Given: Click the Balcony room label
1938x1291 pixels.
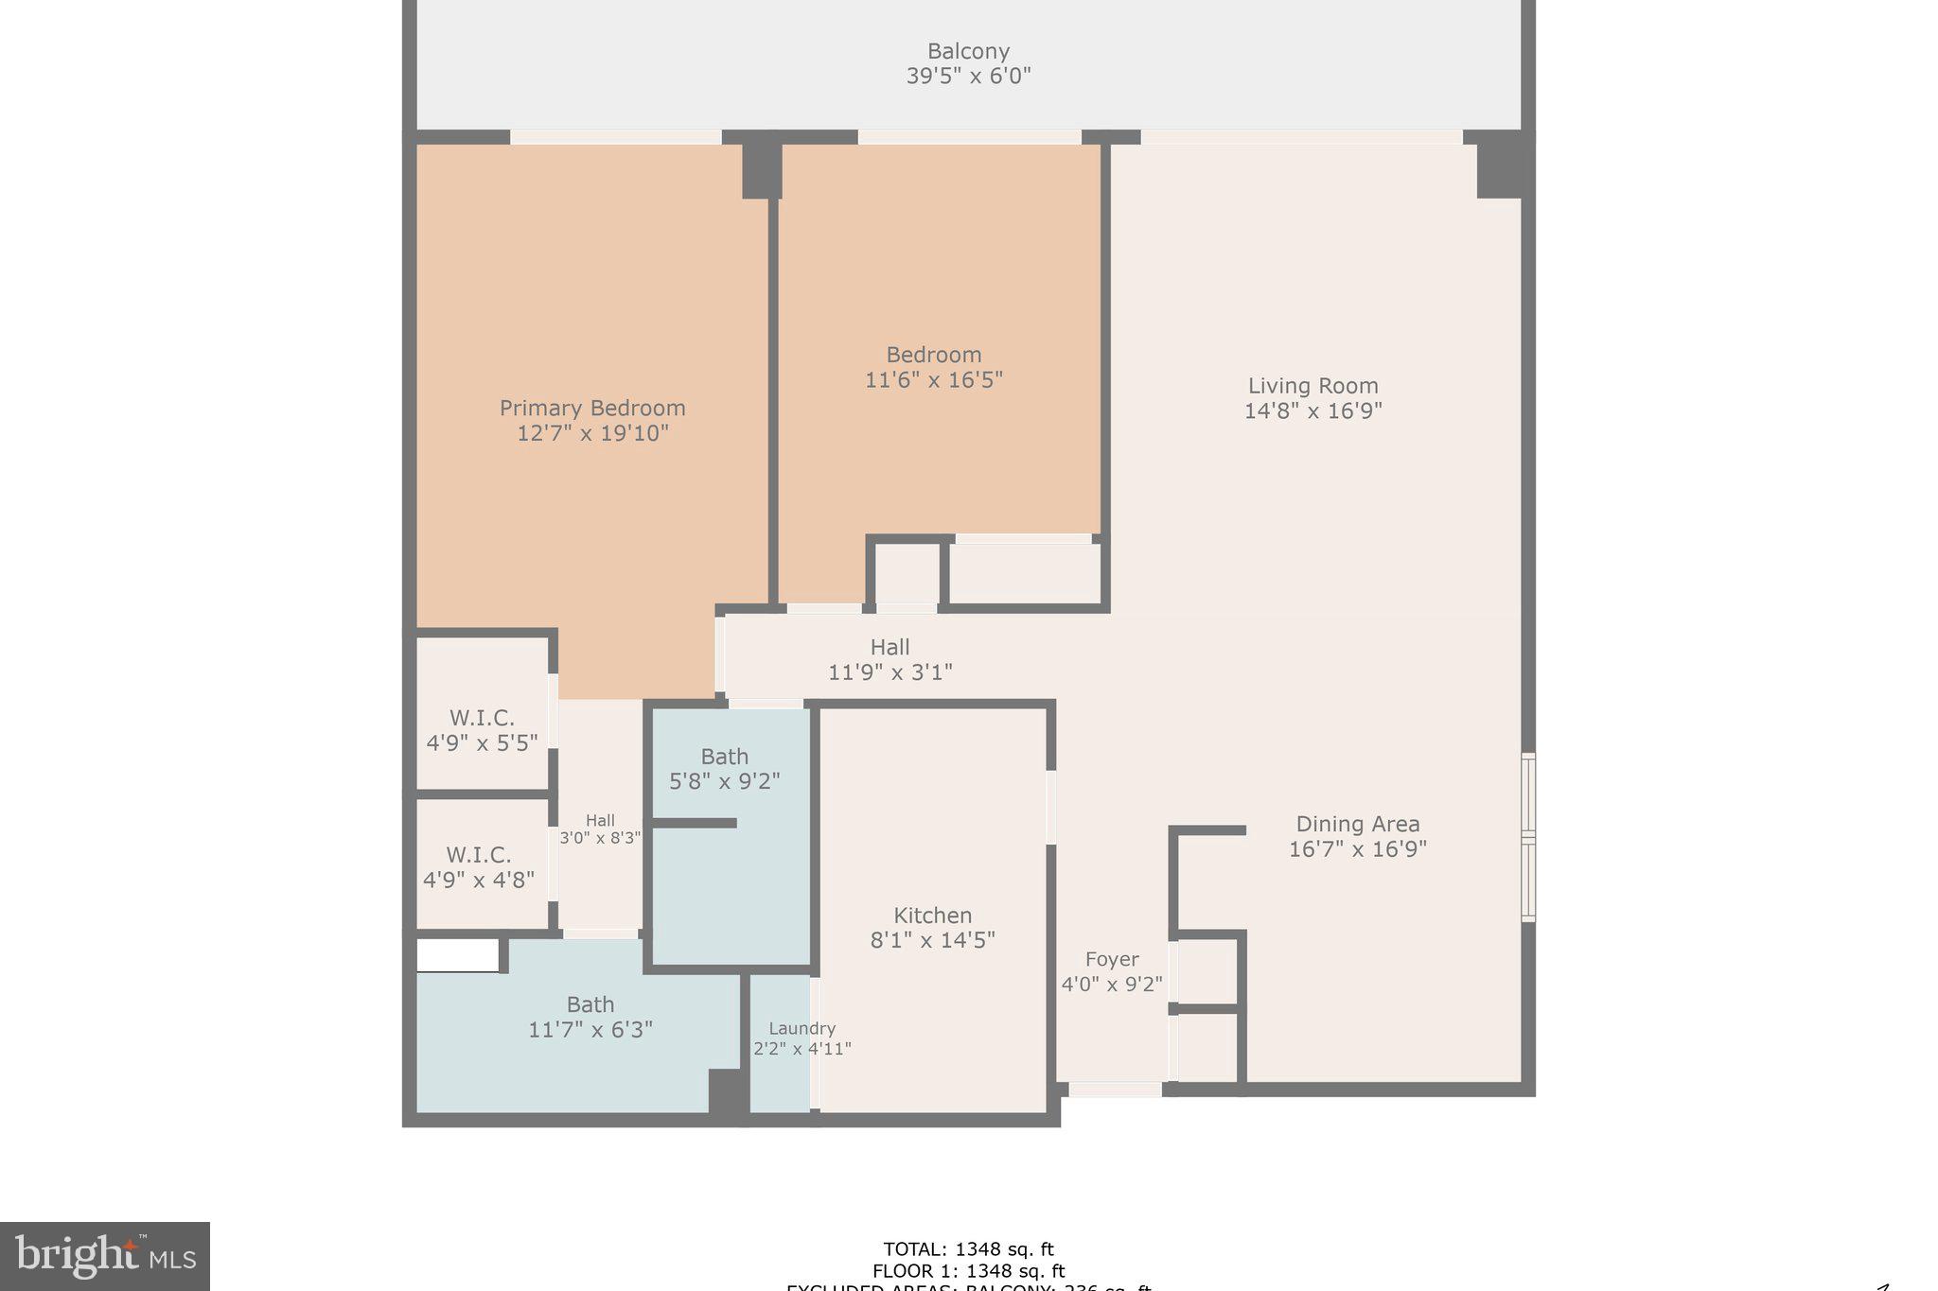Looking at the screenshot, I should point(968,63).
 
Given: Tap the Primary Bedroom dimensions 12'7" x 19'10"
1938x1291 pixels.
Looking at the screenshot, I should point(592,433).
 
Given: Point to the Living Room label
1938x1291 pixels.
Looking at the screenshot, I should point(1313,397).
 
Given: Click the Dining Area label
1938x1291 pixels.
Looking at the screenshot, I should point(1357,836).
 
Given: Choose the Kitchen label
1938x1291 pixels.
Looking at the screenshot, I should point(932,927).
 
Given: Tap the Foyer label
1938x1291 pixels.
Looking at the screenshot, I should point(1112,971).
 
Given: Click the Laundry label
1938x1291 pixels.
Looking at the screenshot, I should point(802,1038).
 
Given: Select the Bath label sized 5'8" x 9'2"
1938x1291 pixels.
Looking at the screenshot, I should point(724,769).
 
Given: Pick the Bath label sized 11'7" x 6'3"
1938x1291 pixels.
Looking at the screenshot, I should point(590,1017).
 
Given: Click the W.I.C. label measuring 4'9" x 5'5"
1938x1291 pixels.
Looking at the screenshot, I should point(482,730).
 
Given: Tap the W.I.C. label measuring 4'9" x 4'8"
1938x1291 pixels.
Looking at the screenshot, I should point(479,866).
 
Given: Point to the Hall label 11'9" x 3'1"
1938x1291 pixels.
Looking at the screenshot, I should point(890,659).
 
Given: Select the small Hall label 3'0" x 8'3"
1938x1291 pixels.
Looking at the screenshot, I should point(600,829).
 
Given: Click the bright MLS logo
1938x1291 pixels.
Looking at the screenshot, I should point(104,1256).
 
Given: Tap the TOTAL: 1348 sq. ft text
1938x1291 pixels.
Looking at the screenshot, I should point(968,1249).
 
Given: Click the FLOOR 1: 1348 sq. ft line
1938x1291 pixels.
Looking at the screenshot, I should point(968,1271).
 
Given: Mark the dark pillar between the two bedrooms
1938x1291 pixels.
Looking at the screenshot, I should point(761,170).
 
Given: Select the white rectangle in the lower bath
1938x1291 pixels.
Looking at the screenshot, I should point(457,955).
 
